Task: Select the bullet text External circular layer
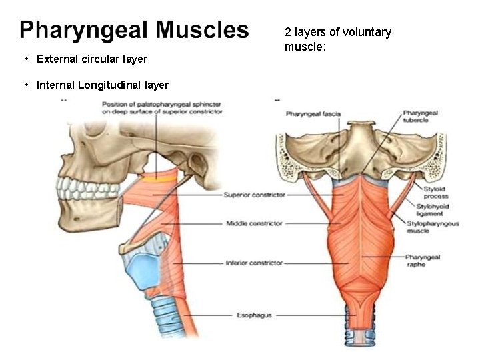[x=92, y=59]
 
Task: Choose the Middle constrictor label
[x=255, y=223]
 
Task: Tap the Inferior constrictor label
[x=255, y=263]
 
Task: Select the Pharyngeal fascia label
[x=313, y=115]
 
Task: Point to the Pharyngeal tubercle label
[x=420, y=118]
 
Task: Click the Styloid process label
[x=435, y=193]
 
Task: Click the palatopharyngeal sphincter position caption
[x=162, y=108]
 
